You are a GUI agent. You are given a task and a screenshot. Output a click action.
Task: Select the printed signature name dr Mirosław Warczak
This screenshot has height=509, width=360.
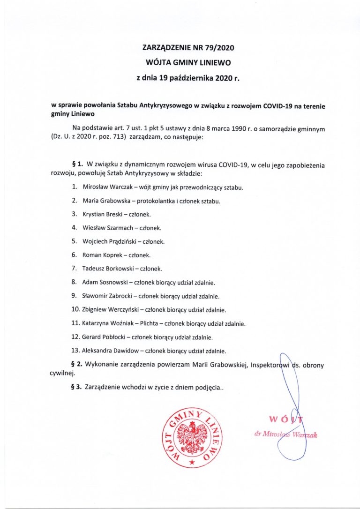[x=285, y=434]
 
